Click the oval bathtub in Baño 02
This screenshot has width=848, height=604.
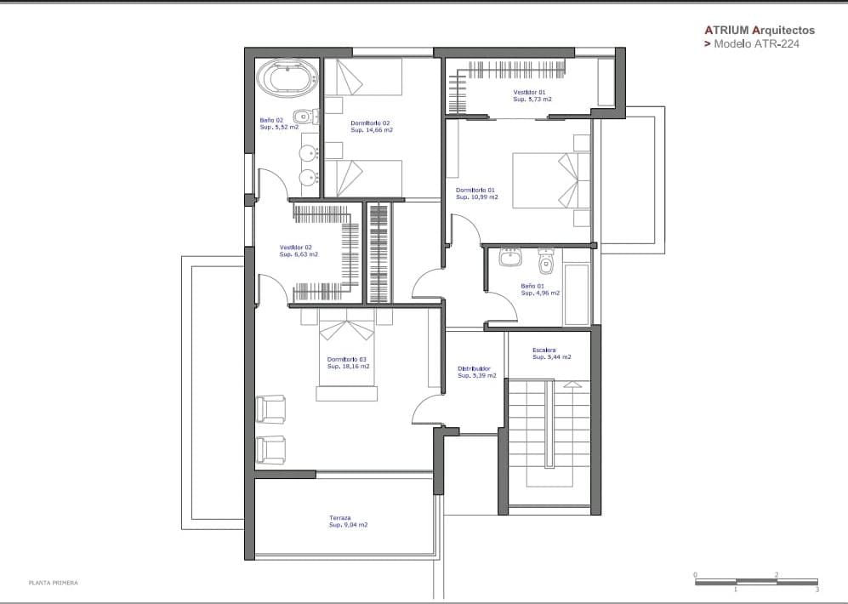tap(287, 78)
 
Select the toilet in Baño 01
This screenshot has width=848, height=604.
tap(546, 261)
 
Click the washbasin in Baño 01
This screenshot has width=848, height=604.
tap(509, 257)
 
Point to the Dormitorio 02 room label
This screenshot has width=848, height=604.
tap(370, 123)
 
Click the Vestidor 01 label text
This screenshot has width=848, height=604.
tap(529, 93)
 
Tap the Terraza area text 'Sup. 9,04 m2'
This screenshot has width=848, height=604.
tap(348, 525)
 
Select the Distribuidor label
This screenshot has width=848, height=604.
tap(474, 369)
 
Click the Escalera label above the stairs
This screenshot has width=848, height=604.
tap(544, 350)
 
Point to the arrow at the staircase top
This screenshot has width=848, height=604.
tap(572, 385)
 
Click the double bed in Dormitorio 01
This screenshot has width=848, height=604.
tap(551, 180)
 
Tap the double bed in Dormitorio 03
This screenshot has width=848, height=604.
tap(347, 355)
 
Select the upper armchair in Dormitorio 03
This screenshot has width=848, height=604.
tap(270, 409)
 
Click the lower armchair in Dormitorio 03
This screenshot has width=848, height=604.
tap(270, 450)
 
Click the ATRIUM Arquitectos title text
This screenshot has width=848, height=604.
tap(760, 31)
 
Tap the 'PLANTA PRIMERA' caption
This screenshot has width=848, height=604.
tap(53, 583)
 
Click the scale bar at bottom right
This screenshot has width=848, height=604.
tap(756, 583)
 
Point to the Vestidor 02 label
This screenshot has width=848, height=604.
tap(295, 248)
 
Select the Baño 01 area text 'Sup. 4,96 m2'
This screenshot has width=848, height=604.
tap(540, 293)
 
